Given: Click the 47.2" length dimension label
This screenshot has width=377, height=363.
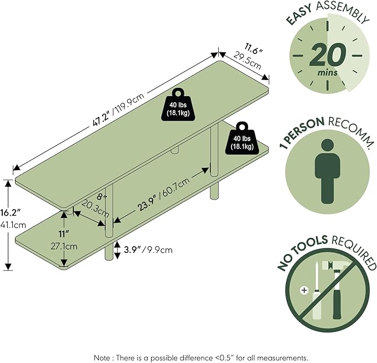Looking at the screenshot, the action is click(102, 118).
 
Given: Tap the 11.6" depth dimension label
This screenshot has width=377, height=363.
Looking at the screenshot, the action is click(254, 49).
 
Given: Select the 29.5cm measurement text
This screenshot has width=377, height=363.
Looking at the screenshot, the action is click(247, 61).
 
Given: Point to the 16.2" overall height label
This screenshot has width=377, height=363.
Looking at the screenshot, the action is click(11, 213).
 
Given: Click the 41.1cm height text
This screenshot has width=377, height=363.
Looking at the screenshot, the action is click(13, 225).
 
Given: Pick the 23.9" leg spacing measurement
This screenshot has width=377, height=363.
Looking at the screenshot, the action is click(147, 203).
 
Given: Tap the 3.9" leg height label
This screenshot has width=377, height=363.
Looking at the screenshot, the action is click(132, 250).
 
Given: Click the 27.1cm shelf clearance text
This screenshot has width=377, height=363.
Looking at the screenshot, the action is click(64, 246).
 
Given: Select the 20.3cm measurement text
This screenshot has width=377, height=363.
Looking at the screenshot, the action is click(95, 209).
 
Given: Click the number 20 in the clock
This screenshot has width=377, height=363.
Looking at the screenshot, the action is click(328, 55).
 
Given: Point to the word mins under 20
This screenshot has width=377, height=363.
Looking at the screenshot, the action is click(328, 72).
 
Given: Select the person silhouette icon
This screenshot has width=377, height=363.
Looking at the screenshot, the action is click(327, 172).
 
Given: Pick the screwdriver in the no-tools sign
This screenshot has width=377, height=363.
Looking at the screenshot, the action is click(316, 291).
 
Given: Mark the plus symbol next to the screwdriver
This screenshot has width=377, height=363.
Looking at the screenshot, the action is click(304, 290).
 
